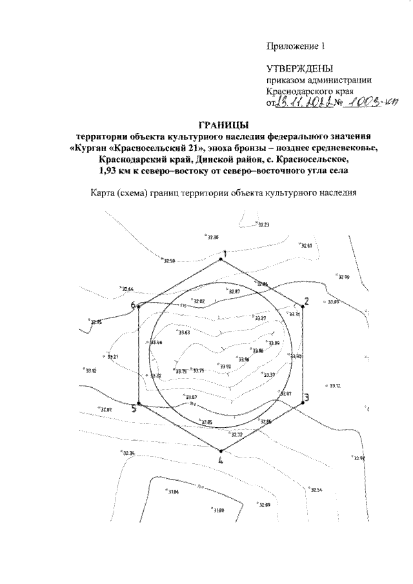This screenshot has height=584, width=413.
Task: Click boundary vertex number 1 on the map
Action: (221, 260)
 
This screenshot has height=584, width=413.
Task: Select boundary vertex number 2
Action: (302, 307)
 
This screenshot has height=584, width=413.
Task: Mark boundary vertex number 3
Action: (302, 402)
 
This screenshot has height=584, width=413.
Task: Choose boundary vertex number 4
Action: (221, 451)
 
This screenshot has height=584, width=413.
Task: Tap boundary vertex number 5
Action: (139, 405)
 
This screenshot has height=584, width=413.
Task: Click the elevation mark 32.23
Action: (263, 225)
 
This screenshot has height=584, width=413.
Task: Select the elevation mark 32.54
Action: (316, 490)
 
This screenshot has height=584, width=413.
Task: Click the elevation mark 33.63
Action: (183, 333)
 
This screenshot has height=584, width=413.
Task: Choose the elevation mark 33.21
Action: (112, 357)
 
